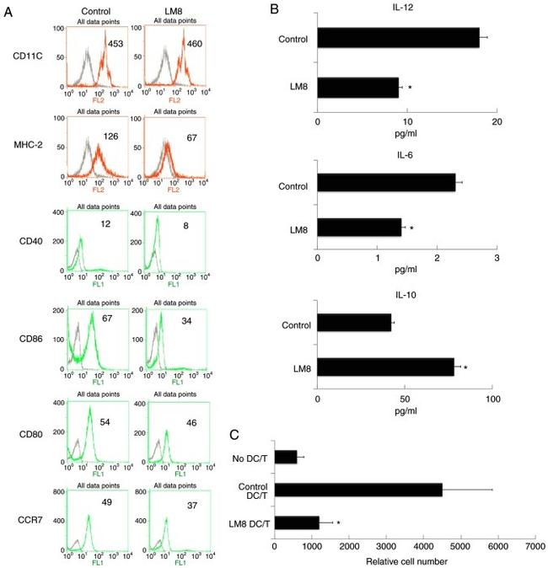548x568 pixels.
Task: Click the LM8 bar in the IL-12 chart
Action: point(357,86)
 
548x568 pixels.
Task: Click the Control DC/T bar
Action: point(358,490)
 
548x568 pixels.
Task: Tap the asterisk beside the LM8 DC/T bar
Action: point(337,523)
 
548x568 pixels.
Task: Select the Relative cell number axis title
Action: point(406,560)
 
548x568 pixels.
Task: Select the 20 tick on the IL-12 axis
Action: point(497,122)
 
